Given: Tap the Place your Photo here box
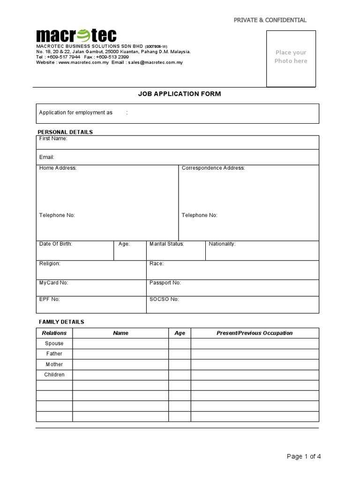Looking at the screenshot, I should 291,58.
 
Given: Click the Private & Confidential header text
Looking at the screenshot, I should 270,20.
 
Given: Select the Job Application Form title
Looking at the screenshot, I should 180,94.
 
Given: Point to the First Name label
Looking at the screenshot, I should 53,139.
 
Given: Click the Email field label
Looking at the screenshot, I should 47,157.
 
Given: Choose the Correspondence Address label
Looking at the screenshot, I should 213,168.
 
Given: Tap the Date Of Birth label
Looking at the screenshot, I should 56,244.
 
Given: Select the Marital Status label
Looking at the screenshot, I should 166,244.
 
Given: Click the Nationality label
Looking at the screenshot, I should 222,244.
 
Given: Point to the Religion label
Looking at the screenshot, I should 50,263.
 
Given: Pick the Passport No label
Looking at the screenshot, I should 165,283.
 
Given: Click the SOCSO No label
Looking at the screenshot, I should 164,299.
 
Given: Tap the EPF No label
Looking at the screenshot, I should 49,299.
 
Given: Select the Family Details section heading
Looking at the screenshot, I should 61,322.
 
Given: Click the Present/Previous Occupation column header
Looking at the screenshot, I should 255,333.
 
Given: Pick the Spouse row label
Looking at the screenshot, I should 54,344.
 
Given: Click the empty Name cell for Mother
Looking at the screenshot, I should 120,364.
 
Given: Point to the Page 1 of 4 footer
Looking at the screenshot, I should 304,457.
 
